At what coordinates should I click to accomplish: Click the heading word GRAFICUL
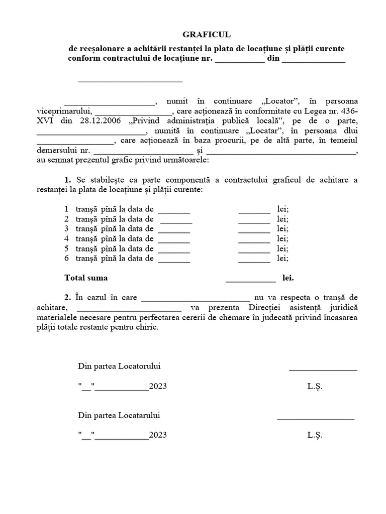point(206,35)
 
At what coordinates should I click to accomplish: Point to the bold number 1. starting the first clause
point(68,180)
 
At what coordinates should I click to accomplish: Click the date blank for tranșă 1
point(174,209)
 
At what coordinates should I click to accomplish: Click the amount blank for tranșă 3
point(254,229)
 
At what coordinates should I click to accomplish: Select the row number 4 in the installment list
point(66,238)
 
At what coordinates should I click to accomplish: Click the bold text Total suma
point(86,278)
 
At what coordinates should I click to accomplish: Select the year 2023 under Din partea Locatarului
point(158,435)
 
